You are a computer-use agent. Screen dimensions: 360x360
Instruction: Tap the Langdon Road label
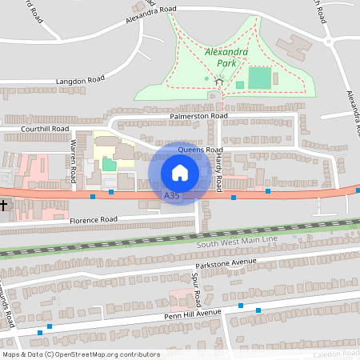(80, 81)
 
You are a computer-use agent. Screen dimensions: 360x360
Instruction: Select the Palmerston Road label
(198, 116)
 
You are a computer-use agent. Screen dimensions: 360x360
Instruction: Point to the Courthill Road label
(45, 128)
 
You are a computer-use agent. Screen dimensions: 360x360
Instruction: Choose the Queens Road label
(199, 149)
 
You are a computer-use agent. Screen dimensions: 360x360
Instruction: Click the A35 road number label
(171, 195)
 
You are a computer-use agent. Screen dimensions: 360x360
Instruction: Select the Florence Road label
(93, 219)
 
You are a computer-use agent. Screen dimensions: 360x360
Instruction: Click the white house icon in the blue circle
(179, 172)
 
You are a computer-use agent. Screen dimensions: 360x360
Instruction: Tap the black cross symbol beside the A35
(4, 206)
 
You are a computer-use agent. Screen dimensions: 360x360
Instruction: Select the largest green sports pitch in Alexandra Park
(259, 78)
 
